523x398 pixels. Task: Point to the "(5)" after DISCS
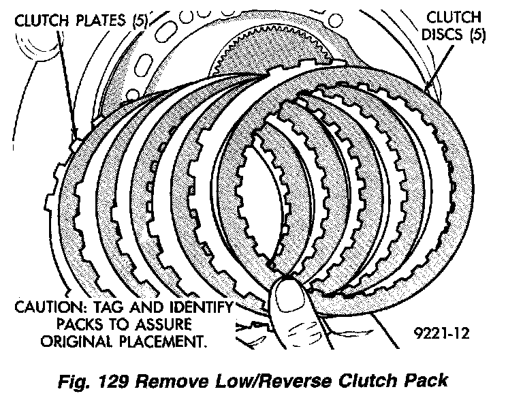click(481, 34)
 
